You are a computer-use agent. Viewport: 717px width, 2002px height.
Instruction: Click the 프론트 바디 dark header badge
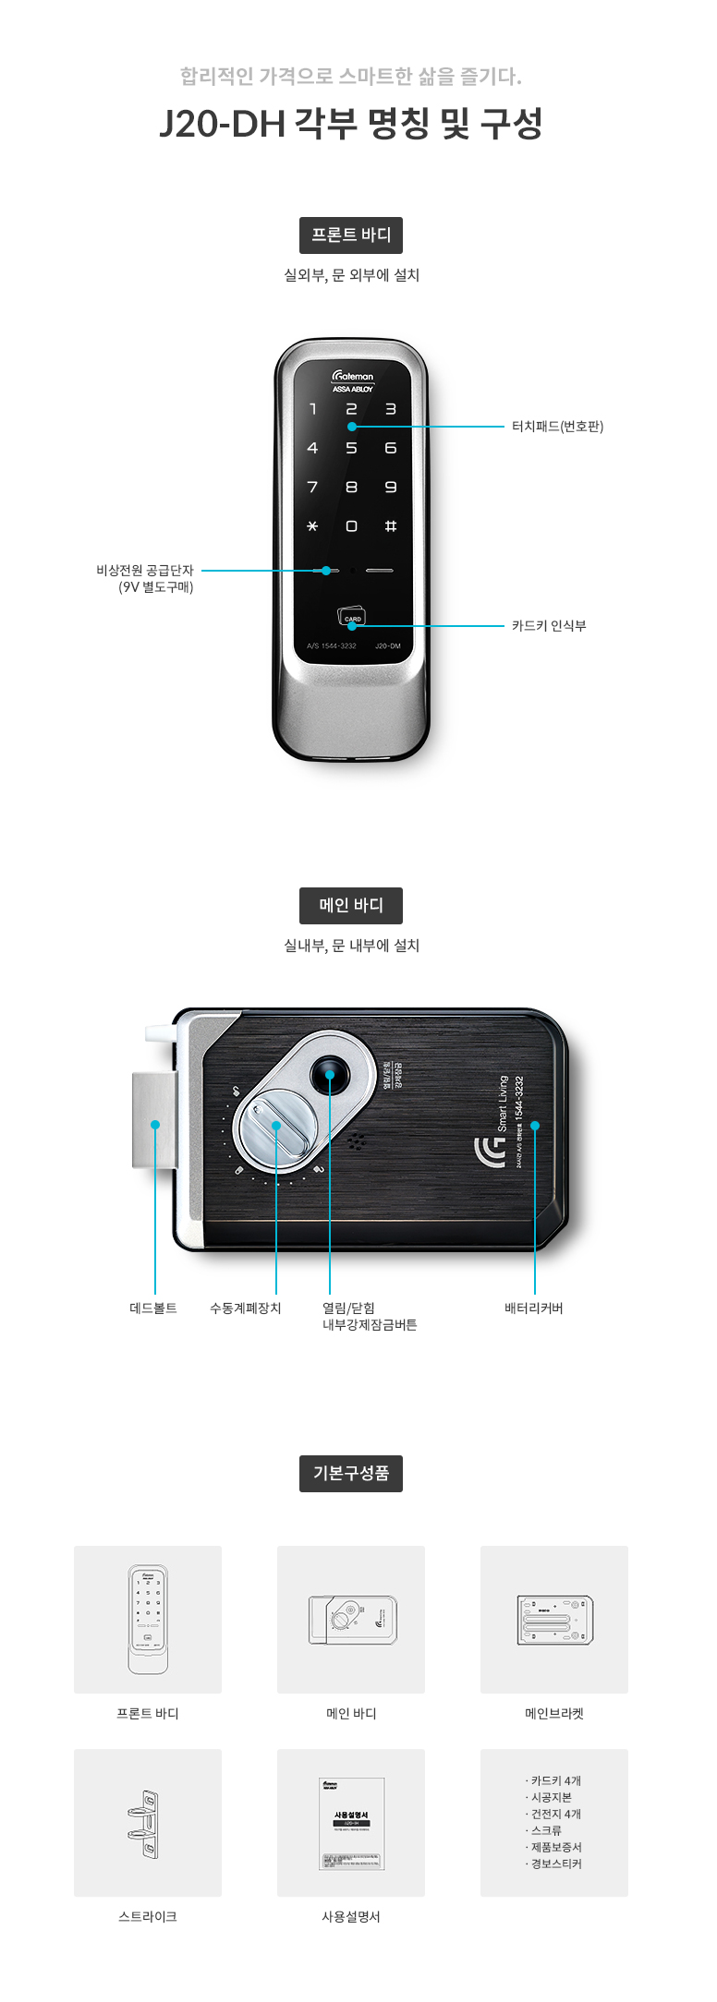coord(351,235)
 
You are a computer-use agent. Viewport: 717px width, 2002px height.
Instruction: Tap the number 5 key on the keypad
coord(351,449)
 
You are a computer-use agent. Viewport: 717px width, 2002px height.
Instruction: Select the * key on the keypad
coord(312,526)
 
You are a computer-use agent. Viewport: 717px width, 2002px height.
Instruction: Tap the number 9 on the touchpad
coord(391,488)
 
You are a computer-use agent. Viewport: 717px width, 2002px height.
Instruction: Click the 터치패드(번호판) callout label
coord(557,427)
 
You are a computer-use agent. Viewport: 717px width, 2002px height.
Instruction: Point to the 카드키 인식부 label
coord(549,626)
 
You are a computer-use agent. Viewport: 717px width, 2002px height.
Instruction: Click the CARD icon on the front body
coord(352,617)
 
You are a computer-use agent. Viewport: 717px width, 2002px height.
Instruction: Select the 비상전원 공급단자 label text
coord(145,571)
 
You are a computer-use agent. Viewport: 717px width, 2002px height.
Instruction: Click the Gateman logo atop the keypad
coord(353,377)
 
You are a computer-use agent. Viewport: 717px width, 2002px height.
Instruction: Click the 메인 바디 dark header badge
coord(351,906)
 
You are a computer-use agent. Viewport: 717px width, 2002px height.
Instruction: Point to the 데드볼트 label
coord(153,1309)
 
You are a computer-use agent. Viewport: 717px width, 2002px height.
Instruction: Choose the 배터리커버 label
coord(534,1309)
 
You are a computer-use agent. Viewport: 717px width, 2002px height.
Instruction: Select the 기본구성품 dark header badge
coord(351,1473)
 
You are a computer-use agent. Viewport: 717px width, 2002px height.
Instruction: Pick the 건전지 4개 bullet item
coord(555,1815)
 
